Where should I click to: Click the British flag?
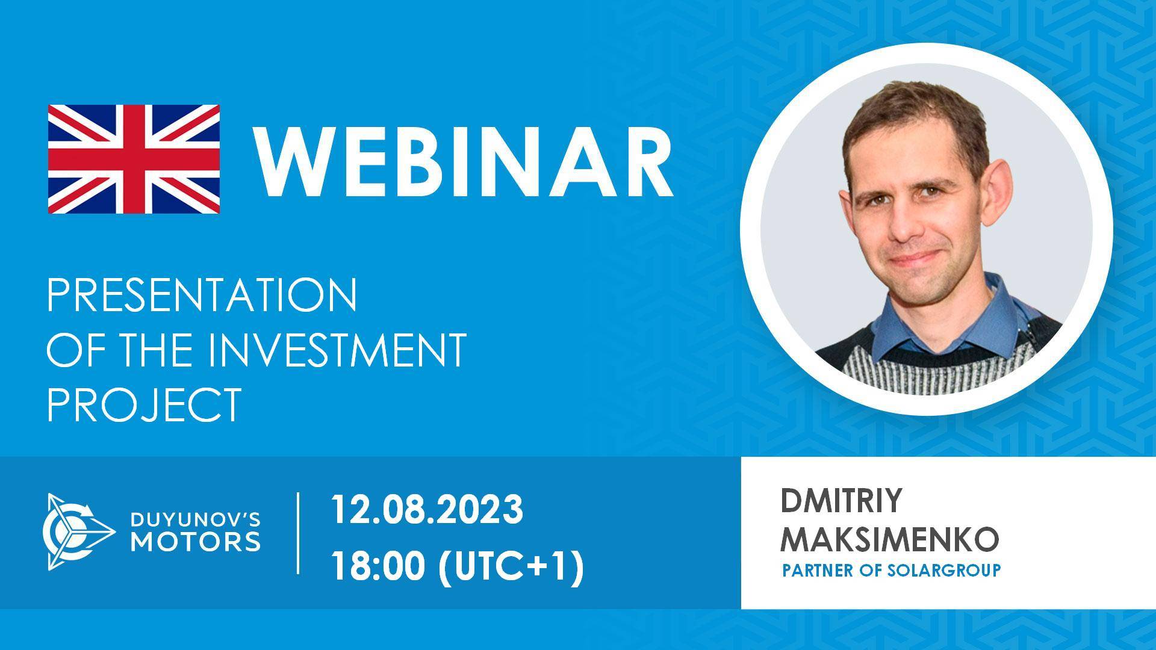134,158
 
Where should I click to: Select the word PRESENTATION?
202,296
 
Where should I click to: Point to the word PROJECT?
144,404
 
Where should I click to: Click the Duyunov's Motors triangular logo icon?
76,531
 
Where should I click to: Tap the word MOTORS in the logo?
196,541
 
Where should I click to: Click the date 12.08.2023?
426,510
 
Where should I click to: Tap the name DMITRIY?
841,501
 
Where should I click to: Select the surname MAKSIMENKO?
889,539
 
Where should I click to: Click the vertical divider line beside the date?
299,533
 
